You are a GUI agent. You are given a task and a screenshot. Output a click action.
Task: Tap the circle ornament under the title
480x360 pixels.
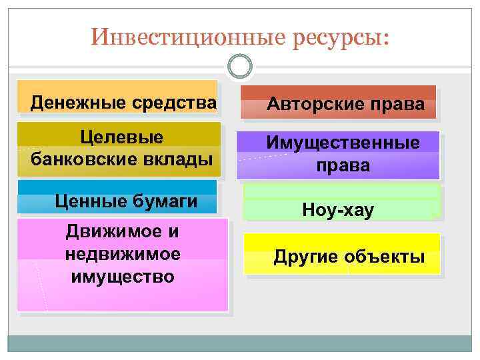point(240,66)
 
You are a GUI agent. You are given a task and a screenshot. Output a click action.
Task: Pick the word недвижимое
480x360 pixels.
point(123,254)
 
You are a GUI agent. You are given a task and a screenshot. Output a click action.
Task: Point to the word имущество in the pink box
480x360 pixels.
point(123,276)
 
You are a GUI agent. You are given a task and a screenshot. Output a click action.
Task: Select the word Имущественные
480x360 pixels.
point(343,143)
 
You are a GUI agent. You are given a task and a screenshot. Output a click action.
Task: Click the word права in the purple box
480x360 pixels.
point(343,165)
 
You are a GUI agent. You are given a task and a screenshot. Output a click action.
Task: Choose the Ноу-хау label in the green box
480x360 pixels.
point(338,211)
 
